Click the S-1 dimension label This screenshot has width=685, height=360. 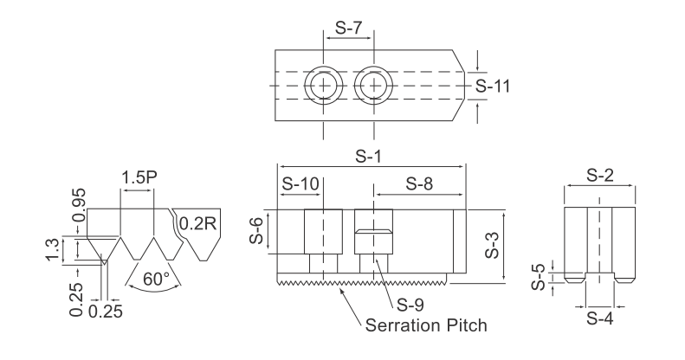click(372, 157)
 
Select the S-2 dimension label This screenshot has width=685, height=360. click(600, 174)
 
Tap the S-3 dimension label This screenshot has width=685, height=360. click(489, 245)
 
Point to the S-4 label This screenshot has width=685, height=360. click(598, 318)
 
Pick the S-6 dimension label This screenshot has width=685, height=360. click(257, 232)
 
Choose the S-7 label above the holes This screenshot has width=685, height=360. click(348, 28)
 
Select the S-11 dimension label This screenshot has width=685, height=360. click(496, 87)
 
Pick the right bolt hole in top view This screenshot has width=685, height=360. click(373, 86)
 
